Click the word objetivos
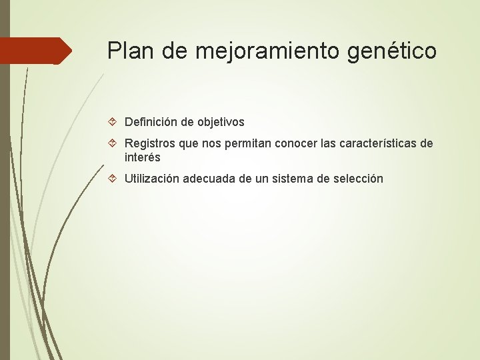[219, 123]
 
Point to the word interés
[143, 158]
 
